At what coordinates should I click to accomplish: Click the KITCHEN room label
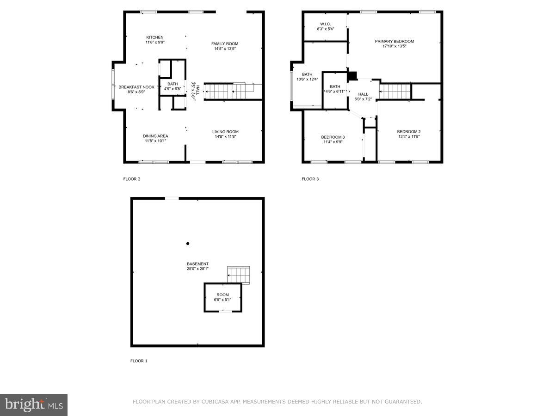click(x=155, y=37)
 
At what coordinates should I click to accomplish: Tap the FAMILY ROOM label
click(x=225, y=44)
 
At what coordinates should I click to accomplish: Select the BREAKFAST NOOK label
click(x=136, y=87)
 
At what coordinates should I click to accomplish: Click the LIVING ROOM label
click(x=225, y=132)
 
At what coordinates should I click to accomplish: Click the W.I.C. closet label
click(x=325, y=24)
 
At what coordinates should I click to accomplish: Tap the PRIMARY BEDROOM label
click(x=394, y=41)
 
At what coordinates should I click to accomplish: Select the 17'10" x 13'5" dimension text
click(x=394, y=46)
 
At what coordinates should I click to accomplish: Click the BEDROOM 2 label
click(x=409, y=132)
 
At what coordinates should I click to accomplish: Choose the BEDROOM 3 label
click(x=333, y=137)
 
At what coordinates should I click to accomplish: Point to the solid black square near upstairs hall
click(x=352, y=76)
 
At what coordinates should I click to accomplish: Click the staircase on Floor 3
click(x=395, y=92)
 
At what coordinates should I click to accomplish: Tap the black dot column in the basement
click(x=188, y=244)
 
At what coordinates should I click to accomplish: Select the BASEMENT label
click(x=197, y=264)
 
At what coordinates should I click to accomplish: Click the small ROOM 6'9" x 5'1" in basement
click(x=223, y=297)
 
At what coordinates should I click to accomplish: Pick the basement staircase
click(x=239, y=275)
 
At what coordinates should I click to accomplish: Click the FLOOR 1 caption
click(x=139, y=361)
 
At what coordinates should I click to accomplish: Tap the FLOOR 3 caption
click(x=310, y=179)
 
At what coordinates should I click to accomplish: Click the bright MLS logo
click(x=34, y=405)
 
